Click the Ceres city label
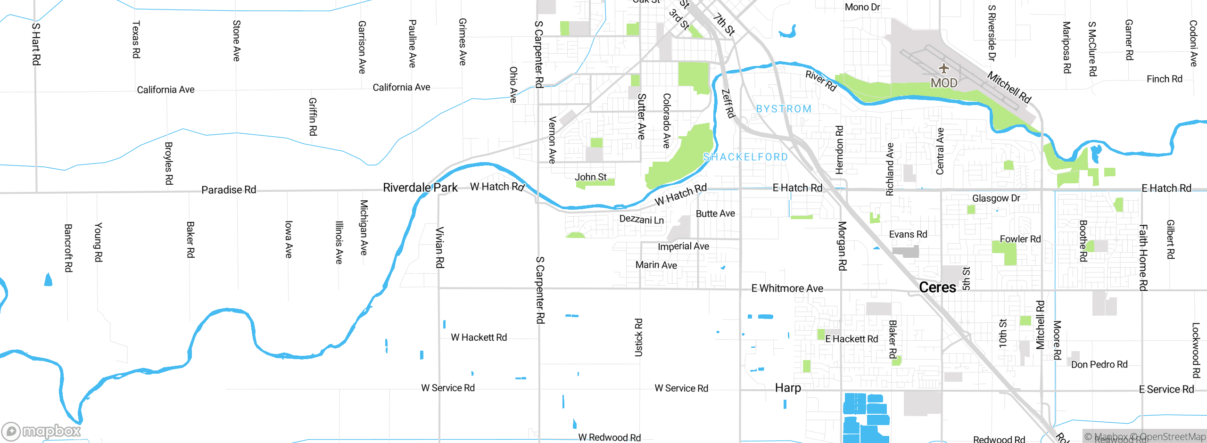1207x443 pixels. tap(937, 287)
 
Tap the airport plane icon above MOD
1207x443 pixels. tap(943, 68)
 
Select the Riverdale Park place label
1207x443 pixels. tap(420, 188)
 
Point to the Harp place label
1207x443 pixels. tap(788, 388)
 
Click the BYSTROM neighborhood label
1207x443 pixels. tap(784, 109)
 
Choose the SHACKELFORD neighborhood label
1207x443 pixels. tap(745, 157)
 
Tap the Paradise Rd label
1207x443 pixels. tap(229, 190)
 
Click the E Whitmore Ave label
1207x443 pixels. tap(787, 288)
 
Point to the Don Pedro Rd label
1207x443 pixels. tap(1099, 364)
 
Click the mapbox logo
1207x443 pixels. tap(41, 431)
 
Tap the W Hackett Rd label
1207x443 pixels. tap(479, 337)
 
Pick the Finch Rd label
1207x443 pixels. tap(1164, 79)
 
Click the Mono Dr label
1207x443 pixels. tap(862, 7)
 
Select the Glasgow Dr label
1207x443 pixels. tap(996, 198)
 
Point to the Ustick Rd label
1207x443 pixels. tap(638, 337)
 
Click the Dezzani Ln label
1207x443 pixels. tap(641, 220)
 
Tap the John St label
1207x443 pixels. tap(590, 177)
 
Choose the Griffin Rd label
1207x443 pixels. tap(313, 117)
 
